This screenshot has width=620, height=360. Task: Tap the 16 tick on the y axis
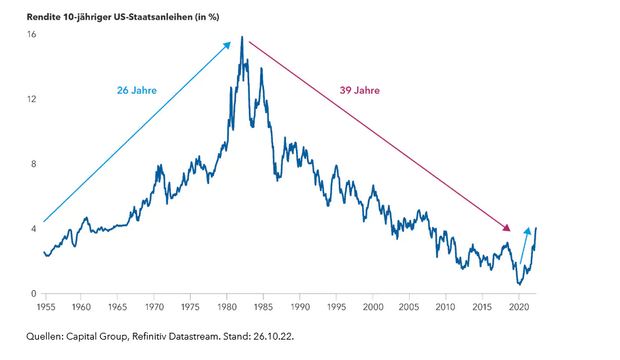(31, 33)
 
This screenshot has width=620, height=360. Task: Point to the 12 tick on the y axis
(31, 99)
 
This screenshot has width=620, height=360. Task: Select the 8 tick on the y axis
(33, 164)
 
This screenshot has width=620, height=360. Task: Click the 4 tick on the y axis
(33, 229)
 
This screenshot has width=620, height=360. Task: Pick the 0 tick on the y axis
(33, 294)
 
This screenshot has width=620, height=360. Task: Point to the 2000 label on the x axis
(373, 308)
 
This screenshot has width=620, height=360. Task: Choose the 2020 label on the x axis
(519, 308)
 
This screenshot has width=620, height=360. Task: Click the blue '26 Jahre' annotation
(137, 90)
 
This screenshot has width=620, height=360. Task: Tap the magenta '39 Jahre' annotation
(359, 90)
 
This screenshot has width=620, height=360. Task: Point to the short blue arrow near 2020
(525, 245)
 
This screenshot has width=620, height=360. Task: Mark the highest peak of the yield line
(242, 37)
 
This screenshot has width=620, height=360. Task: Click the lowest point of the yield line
(519, 284)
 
